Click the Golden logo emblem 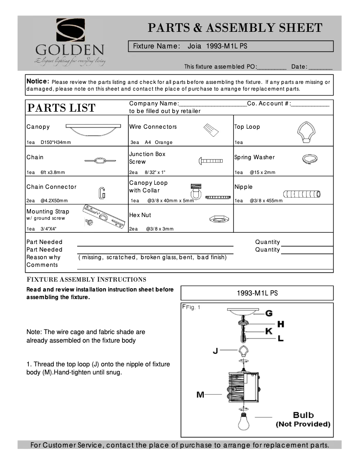click(x=70, y=30)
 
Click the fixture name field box click(x=231, y=46)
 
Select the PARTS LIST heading click(x=61, y=108)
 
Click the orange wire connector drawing click(x=211, y=130)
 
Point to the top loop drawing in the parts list click(x=307, y=132)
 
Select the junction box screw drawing click(x=211, y=161)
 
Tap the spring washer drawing click(x=309, y=158)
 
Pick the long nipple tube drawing click(x=302, y=194)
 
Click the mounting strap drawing click(x=105, y=216)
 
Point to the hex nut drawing click(x=220, y=219)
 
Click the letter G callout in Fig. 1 click(x=269, y=313)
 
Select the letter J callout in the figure click(x=215, y=351)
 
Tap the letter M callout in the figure click(x=200, y=395)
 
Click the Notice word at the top click(x=38, y=82)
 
